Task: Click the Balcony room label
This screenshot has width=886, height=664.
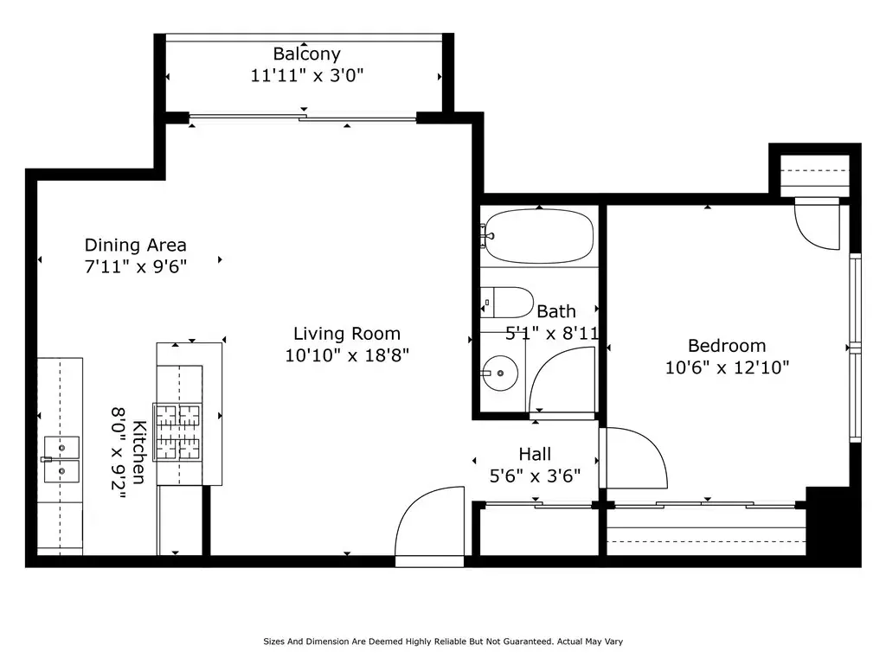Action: point(307,54)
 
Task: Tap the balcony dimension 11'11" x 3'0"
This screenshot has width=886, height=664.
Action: point(307,75)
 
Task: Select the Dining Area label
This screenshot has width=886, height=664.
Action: point(136,245)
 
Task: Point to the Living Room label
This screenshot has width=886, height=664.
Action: point(347,334)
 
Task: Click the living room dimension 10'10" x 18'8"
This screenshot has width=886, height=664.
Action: point(347,355)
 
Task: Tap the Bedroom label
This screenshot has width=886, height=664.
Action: point(727,346)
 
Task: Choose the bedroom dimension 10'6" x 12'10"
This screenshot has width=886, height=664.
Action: point(727,367)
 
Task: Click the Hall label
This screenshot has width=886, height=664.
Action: point(535,454)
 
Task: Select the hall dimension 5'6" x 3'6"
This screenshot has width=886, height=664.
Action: point(535,476)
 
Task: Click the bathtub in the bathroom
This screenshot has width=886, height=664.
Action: point(540,236)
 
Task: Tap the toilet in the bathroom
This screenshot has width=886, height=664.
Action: point(507,303)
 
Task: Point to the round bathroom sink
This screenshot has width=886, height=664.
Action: point(501,373)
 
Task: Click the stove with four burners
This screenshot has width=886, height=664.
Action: point(178,432)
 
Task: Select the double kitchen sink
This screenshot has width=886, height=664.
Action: point(61,460)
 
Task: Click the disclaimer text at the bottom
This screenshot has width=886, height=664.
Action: point(443,642)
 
